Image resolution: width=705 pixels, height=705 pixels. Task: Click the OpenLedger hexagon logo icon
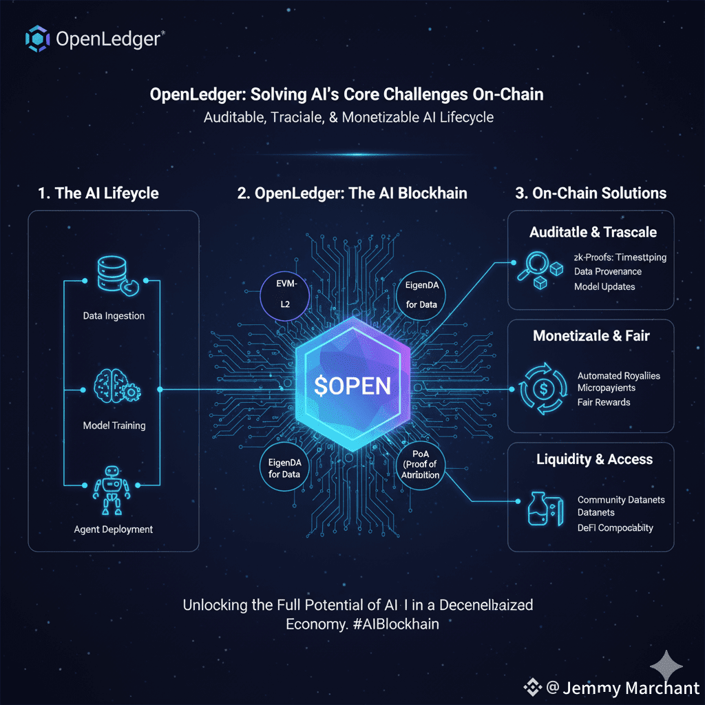tap(37, 39)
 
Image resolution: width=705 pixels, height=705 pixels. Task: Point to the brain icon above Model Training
tap(112, 388)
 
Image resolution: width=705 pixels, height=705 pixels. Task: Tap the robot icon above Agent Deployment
tap(112, 490)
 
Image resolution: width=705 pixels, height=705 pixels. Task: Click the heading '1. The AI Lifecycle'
tap(98, 193)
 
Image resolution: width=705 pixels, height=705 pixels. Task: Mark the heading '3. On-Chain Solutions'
tap(591, 193)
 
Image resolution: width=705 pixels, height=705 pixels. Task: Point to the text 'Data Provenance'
tap(608, 271)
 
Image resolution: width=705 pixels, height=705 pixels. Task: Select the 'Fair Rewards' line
tap(604, 402)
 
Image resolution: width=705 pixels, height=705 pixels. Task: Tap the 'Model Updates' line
tap(604, 286)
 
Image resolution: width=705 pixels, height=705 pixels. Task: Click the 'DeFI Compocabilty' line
tap(615, 527)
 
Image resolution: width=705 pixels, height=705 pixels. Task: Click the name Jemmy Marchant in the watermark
tap(631, 688)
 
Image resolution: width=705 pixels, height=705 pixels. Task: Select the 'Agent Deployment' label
tap(113, 529)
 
